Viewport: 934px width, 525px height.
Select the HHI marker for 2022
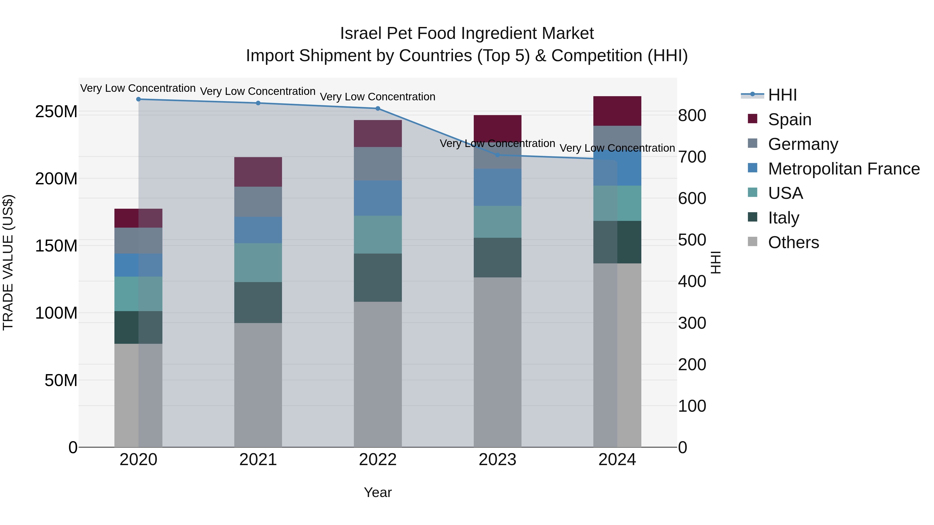tap(377, 108)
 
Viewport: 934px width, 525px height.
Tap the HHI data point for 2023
tap(497, 155)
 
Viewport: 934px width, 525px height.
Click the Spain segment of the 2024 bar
tap(617, 111)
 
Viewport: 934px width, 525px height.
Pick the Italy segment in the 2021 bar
tap(258, 303)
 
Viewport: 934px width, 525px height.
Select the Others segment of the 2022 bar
tap(377, 374)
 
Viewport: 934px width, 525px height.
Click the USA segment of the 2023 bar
tap(497, 222)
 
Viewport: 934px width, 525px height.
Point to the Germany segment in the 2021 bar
tap(258, 202)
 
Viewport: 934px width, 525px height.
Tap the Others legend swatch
tap(752, 242)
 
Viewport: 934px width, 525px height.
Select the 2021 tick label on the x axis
tap(258, 460)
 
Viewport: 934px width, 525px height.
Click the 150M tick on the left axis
tap(56, 246)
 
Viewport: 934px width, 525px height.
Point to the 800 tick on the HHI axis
tap(692, 116)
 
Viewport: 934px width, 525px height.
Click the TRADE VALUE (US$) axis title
tap(8, 262)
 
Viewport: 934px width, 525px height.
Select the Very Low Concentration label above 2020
tap(138, 88)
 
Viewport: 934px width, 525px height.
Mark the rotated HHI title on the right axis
tap(715, 262)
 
